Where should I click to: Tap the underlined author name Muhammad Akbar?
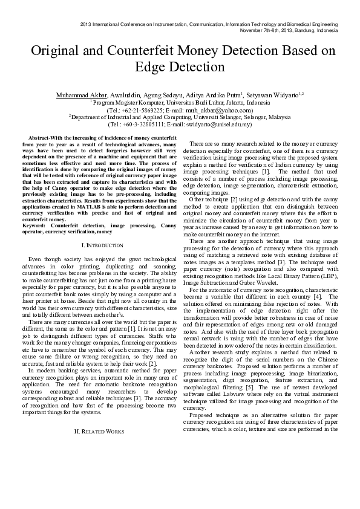click(x=82, y=96)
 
